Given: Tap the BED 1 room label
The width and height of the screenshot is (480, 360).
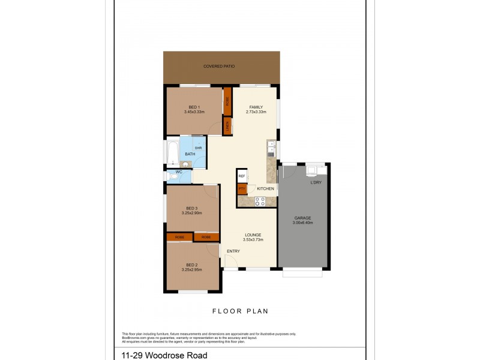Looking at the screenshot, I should pyautogui.click(x=194, y=107).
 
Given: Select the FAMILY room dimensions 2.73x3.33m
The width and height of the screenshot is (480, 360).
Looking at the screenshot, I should pyautogui.click(x=256, y=112).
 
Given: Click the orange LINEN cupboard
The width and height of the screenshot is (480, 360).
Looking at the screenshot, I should pyautogui.click(x=227, y=126).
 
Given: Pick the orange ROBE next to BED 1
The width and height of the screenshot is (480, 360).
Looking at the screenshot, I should pyautogui.click(x=227, y=100).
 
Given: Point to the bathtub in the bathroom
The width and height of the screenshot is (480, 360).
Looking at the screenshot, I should pyautogui.click(x=171, y=152).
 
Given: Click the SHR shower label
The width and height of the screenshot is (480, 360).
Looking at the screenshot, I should pyautogui.click(x=198, y=147).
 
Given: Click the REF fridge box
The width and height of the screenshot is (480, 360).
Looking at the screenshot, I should pyautogui.click(x=242, y=176).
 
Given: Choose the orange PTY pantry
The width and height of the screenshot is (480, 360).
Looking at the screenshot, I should pyautogui.click(x=242, y=189).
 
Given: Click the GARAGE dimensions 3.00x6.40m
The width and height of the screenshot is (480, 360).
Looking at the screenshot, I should pyautogui.click(x=303, y=223).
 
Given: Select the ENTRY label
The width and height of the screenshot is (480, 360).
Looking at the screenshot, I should pyautogui.click(x=233, y=251).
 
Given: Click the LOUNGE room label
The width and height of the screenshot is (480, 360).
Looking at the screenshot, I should pyautogui.click(x=253, y=235).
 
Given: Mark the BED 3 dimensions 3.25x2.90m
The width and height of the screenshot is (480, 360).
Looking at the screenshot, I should pyautogui.click(x=192, y=213).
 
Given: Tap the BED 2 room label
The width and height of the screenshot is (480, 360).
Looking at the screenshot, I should pyautogui.click(x=192, y=265).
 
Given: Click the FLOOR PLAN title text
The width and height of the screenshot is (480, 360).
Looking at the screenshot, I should pyautogui.click(x=240, y=311).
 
